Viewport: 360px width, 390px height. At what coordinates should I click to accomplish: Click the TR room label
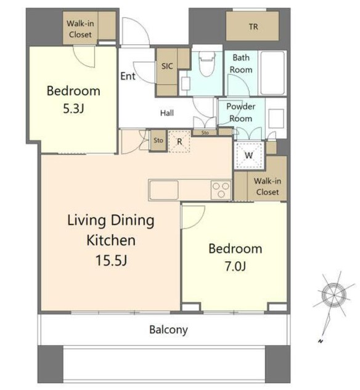tap(253, 26)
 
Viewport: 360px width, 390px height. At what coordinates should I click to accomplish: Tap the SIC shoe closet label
tap(167, 66)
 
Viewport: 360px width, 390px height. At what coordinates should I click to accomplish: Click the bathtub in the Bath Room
tap(272, 73)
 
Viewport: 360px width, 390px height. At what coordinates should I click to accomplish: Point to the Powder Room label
tap(240, 112)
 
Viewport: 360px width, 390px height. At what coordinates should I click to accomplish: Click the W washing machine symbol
tap(249, 156)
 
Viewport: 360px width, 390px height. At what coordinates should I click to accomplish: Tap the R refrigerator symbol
tap(179, 141)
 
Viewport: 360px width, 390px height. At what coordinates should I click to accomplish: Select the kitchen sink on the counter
tap(164, 190)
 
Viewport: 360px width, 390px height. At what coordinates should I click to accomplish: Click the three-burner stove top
tap(221, 190)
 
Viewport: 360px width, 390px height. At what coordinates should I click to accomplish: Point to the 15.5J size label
tap(111, 261)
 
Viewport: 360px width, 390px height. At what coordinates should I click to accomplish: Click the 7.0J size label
tap(235, 266)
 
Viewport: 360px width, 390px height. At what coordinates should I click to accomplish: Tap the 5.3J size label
tap(73, 108)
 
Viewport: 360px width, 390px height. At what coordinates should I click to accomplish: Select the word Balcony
tap(168, 330)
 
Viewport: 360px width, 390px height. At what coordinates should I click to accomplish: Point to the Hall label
tap(167, 113)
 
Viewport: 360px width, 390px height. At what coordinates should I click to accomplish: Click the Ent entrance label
tap(128, 76)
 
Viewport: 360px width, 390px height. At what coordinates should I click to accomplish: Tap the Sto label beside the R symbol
tap(158, 140)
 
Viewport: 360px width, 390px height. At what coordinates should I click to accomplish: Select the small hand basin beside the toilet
tap(186, 84)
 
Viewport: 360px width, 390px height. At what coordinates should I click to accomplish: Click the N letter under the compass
tap(321, 341)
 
